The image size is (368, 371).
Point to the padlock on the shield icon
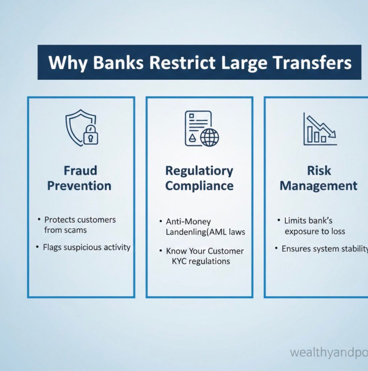pos(91,136)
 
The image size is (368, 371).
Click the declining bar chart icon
pos(319,129)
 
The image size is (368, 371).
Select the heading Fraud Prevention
pos(79,178)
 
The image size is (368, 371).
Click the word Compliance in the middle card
pos(199,186)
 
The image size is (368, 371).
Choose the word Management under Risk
pos(318,186)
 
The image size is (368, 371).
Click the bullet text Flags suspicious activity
pos(87,247)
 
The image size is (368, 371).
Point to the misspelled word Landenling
pos(185,232)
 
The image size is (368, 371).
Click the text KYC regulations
pos(201,261)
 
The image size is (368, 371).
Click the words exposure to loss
pos(315,231)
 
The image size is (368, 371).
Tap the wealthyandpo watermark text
pos(328,353)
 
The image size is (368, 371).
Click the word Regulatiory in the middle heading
pos(199,171)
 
